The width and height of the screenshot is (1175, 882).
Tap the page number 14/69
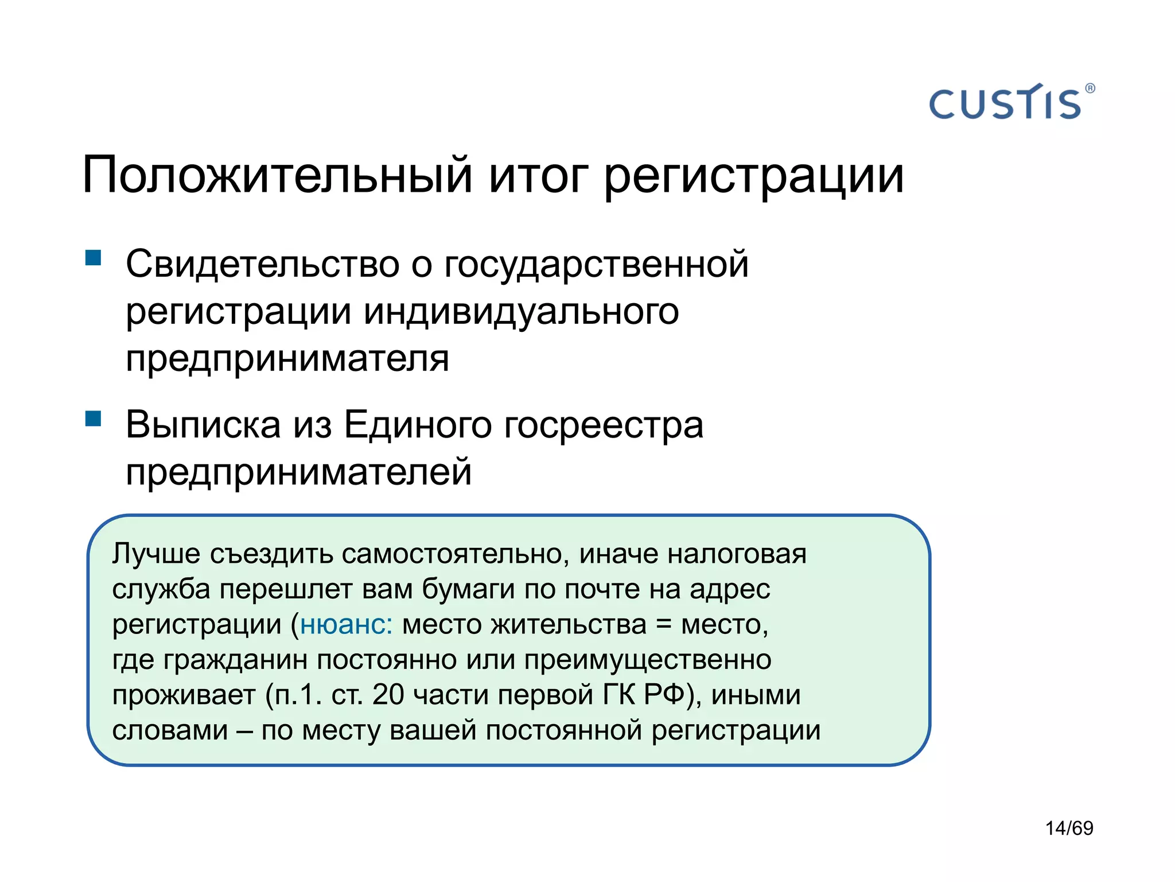(x=1069, y=828)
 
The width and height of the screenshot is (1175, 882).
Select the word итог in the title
(x=538, y=175)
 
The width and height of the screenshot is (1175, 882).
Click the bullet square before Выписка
(x=93, y=418)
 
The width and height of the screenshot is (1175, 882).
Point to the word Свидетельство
(x=262, y=264)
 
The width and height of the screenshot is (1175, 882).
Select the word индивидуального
(x=521, y=312)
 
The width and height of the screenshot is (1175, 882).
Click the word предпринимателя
(x=287, y=359)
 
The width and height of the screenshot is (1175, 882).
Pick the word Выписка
(x=203, y=425)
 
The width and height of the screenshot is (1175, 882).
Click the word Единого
(x=418, y=425)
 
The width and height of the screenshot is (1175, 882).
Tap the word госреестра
(x=603, y=426)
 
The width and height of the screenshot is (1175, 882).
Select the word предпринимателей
(x=298, y=472)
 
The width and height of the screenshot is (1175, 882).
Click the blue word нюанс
(x=345, y=625)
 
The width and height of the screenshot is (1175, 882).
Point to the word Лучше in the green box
(x=156, y=554)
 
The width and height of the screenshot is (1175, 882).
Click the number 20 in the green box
(x=388, y=695)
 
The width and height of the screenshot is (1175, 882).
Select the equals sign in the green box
(x=663, y=625)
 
